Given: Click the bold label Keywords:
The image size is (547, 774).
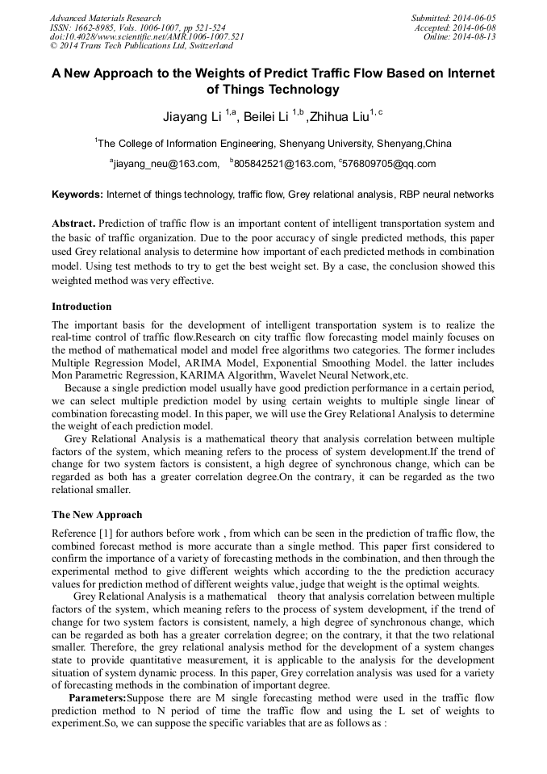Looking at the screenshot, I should tap(77, 195).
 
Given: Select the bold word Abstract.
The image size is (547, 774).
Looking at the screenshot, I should tap(73, 223).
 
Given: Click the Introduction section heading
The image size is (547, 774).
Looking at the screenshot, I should tap(81, 307).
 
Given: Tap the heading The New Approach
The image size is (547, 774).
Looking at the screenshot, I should tap(97, 515).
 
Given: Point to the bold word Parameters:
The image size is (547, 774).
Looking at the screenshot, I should tap(98, 697).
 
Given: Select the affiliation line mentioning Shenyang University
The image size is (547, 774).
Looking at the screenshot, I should tap(273, 144).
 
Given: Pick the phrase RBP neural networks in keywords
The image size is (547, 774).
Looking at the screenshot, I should tap(445, 195).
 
